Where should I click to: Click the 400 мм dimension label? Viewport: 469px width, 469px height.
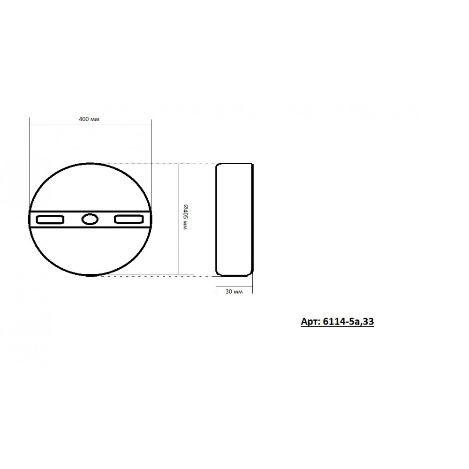(89, 119)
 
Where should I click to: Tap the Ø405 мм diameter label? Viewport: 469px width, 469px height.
(185, 217)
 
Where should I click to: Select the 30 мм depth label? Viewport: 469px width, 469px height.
(234, 291)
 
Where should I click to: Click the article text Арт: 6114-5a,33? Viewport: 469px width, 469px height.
(337, 322)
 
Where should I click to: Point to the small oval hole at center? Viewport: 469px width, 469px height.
(90, 219)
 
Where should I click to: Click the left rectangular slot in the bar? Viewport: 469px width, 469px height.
(50, 219)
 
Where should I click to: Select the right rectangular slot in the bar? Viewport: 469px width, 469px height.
(129, 219)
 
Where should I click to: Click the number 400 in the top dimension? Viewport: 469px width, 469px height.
(84, 119)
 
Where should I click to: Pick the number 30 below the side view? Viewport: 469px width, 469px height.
(228, 291)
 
